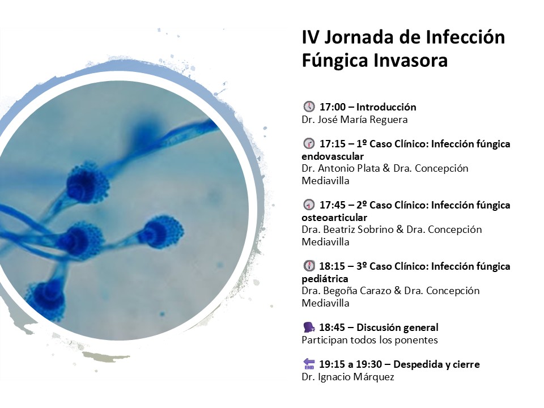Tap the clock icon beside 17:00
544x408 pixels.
point(309,107)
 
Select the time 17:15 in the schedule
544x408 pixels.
point(332,143)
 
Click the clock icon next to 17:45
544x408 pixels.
point(309,205)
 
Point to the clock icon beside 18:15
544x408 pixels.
point(309,266)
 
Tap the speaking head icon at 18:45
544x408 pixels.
point(309,327)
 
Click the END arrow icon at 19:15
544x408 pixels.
point(309,364)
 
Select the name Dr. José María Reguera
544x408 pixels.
point(355,120)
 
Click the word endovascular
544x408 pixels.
point(333,156)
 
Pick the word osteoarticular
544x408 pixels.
point(334,218)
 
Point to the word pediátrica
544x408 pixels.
point(325,279)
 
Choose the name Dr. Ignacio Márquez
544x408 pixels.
point(348,377)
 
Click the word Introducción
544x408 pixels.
point(386,107)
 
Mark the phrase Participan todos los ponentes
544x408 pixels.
point(369,340)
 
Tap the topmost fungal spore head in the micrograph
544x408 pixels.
point(87,183)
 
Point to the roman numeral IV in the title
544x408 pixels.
point(310,37)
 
